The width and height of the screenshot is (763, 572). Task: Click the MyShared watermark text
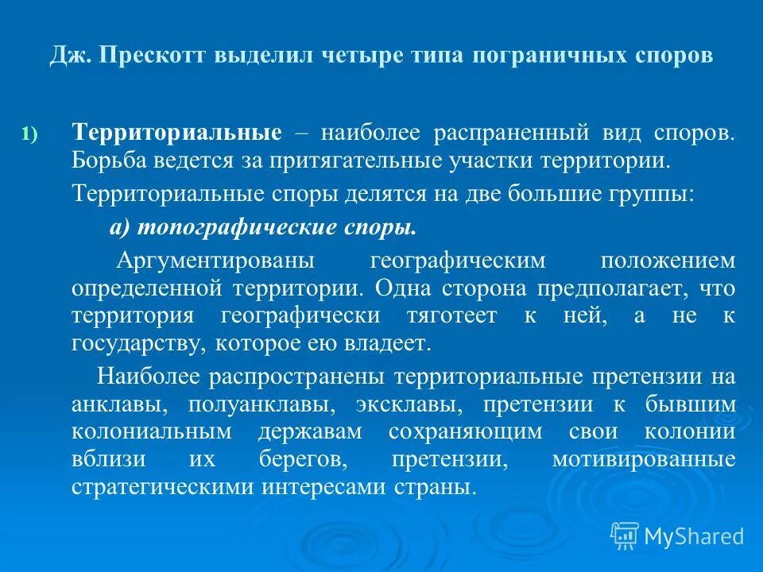pos(692,536)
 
